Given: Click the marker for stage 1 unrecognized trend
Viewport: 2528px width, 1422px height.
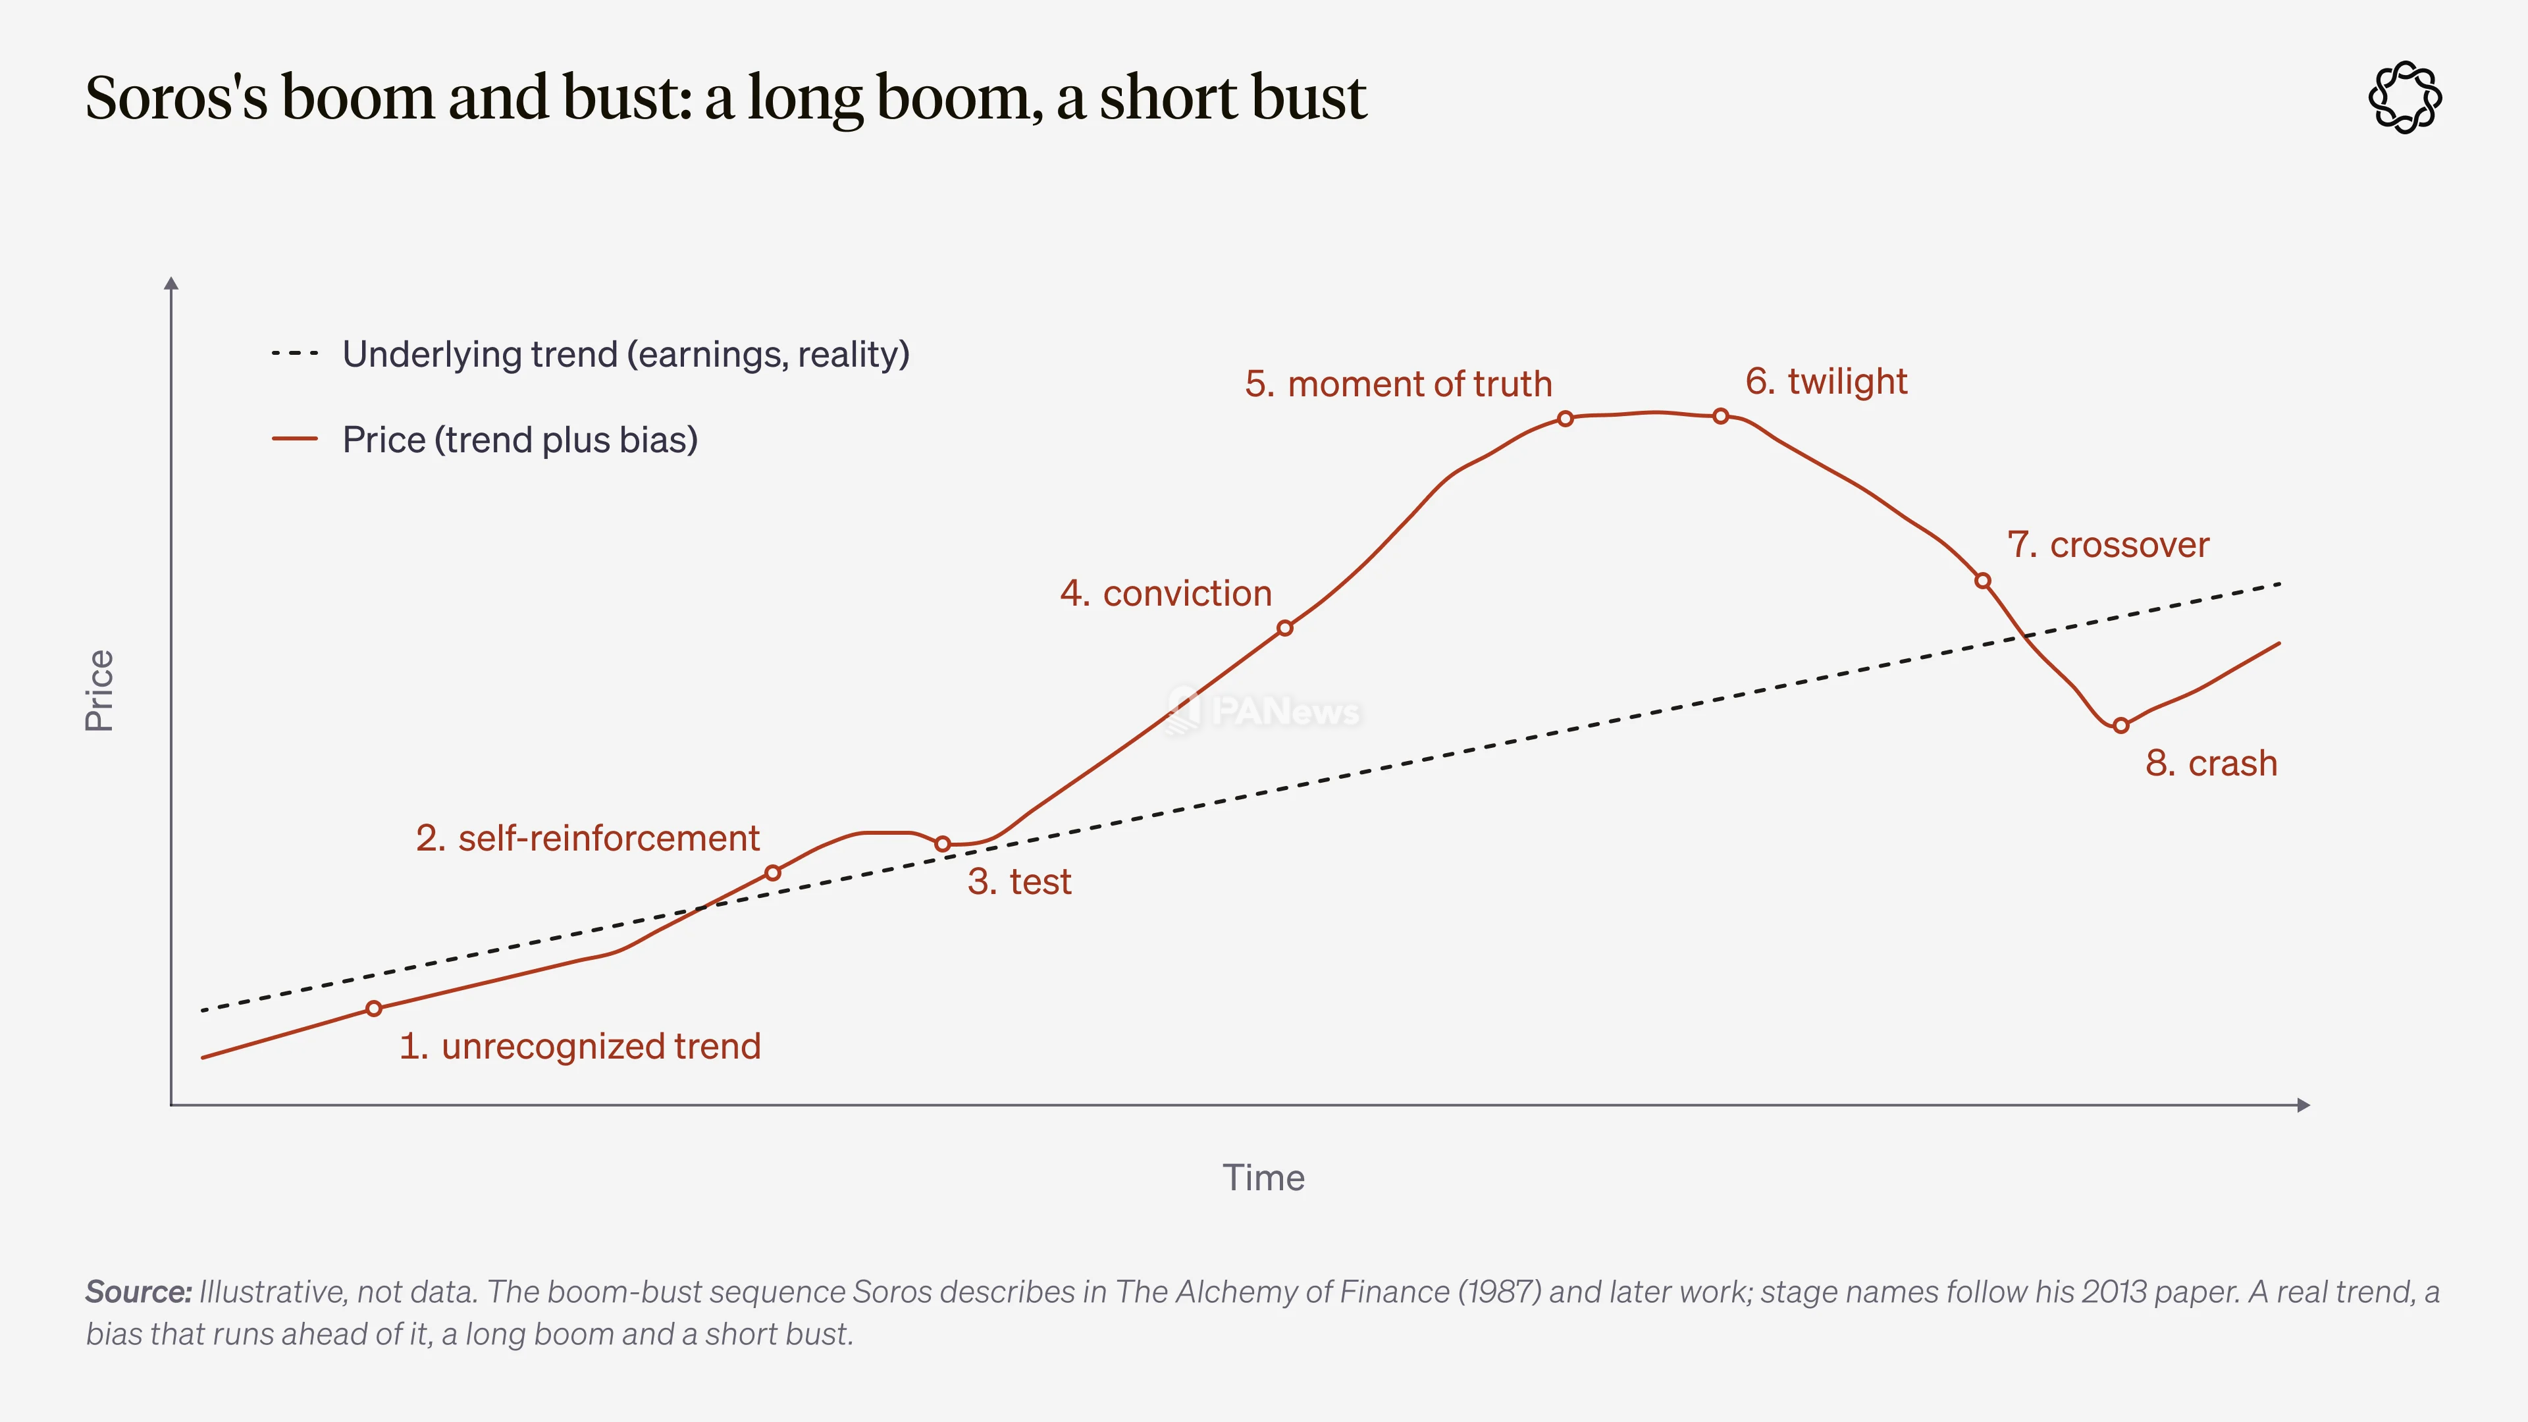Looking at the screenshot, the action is [374, 1009].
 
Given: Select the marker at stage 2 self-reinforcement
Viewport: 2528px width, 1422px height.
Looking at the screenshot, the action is [772, 872].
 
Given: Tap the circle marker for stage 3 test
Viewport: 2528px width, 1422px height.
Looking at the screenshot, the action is [942, 844].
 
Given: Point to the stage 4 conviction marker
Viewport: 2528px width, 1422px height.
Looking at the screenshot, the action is [1284, 628].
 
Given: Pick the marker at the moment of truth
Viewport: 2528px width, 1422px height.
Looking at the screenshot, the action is [1566, 419].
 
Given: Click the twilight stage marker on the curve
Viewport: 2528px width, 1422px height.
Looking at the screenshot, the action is [1720, 416].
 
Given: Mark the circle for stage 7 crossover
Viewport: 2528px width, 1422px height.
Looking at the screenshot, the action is [1982, 581].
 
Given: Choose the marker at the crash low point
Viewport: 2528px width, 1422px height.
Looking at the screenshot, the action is [2120, 726].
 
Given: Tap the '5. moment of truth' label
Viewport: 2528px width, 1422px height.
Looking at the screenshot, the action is [1398, 384].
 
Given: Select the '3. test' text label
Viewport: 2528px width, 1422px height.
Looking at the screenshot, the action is [1018, 882].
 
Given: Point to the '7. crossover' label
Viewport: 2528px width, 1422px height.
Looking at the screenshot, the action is [2108, 544].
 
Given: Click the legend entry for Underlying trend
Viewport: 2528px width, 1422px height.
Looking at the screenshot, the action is [590, 354].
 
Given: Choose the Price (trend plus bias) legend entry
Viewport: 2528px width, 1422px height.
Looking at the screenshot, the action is [485, 440].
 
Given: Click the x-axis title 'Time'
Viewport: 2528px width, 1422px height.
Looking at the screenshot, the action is [1263, 1178].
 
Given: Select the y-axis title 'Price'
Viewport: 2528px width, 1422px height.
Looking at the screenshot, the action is [100, 691].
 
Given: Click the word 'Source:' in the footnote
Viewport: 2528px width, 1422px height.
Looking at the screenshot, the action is [138, 1292].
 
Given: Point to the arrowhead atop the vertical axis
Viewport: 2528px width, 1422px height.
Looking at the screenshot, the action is [172, 284].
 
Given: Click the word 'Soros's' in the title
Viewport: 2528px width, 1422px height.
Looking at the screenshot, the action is [176, 97].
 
